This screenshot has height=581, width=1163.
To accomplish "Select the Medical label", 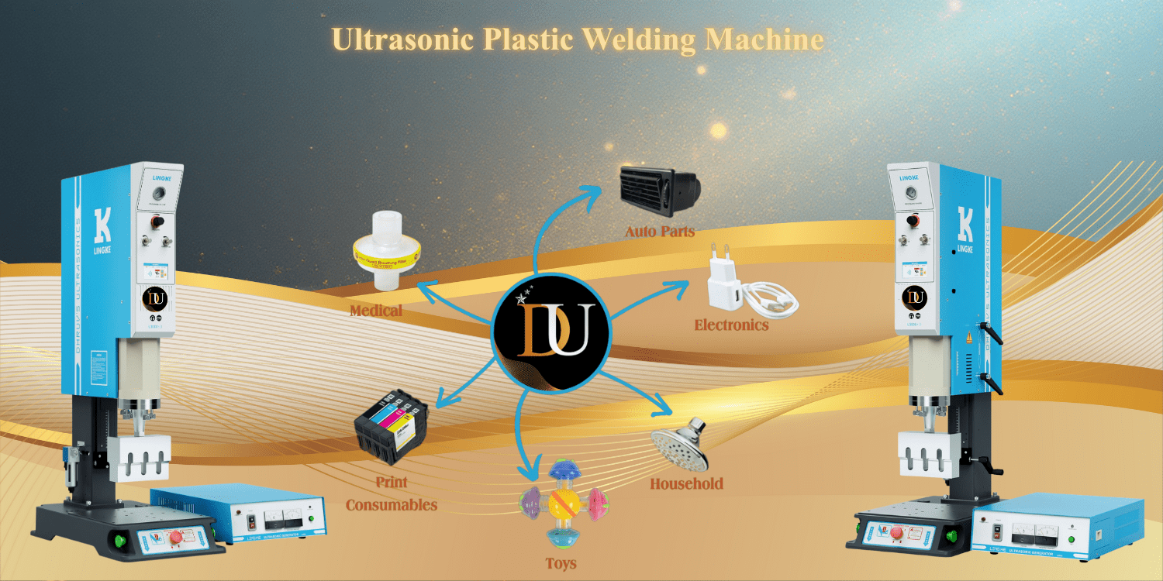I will pos(375,311).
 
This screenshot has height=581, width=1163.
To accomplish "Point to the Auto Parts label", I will pos(660,231).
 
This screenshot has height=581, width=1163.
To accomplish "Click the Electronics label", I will pos(731,325).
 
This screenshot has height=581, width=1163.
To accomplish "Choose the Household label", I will pos(685,483).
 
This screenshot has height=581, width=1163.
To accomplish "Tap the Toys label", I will pos(560,563).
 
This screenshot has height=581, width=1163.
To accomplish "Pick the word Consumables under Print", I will pos(392,505).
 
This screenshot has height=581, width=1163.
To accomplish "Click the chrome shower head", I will pos(679,445).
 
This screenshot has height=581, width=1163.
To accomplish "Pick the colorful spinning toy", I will pos(561,505).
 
